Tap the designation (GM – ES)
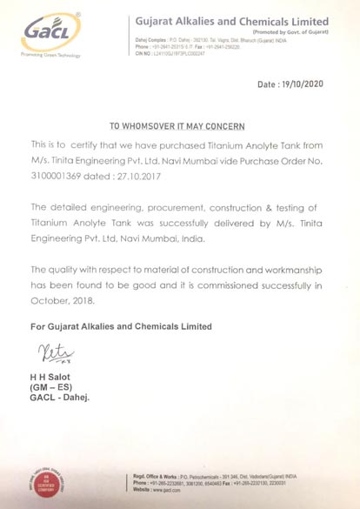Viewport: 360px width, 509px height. pyautogui.click(x=55, y=386)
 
